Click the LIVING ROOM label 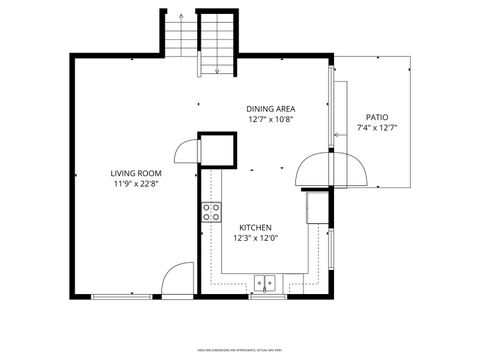(136, 173)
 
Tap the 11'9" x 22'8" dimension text (136, 184)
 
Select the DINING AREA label (270, 108)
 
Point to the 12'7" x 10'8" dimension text (270, 119)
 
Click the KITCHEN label (255, 228)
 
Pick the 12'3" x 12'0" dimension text (255, 239)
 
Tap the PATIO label (376, 117)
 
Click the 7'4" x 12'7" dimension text (376, 128)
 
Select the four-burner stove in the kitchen (212, 211)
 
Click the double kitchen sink (266, 282)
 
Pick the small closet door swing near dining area (186, 150)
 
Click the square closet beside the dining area (217, 150)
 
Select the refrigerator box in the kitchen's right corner (316, 207)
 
